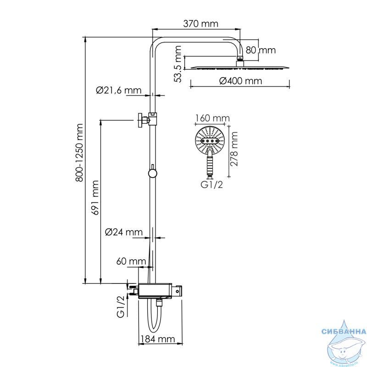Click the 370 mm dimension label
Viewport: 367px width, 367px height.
pyautogui.click(x=200, y=24)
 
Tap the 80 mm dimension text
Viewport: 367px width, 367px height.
pyautogui.click(x=261, y=50)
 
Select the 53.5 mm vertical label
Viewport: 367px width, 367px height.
pyautogui.click(x=178, y=64)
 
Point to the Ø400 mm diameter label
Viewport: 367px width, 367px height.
pyautogui.click(x=240, y=81)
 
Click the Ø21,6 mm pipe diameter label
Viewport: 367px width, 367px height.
pyautogui.click(x=119, y=90)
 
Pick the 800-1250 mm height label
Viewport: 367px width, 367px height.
pyautogui.click(x=79, y=153)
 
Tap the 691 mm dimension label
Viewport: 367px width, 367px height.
pyautogui.click(x=95, y=198)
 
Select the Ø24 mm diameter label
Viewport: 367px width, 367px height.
pyautogui.click(x=124, y=232)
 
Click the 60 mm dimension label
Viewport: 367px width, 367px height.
pyautogui.click(x=131, y=261)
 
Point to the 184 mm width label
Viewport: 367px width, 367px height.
pyautogui.click(x=158, y=339)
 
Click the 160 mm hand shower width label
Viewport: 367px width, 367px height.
pyautogui.click(x=212, y=118)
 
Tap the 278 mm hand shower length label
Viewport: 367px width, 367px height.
pyautogui.click(x=234, y=149)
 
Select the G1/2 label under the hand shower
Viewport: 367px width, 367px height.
pyautogui.click(x=211, y=185)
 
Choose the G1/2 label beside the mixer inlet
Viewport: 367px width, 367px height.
pyautogui.click(x=121, y=306)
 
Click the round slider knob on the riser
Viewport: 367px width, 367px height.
pyautogui.click(x=152, y=173)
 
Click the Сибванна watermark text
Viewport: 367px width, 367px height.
pyautogui.click(x=344, y=332)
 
